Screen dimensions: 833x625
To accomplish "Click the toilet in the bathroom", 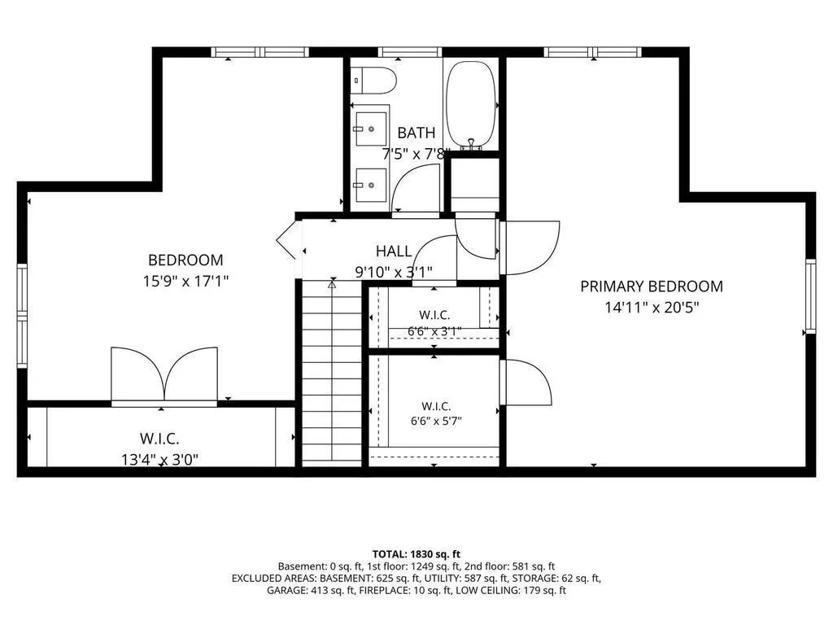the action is click(374, 81).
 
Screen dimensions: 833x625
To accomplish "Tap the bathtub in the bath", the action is click(471, 105).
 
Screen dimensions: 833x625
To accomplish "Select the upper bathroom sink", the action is click(371, 129).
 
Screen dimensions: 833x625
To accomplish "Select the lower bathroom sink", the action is click(371, 185).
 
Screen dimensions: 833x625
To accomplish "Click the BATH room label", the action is click(416, 133).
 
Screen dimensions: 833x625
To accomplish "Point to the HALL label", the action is click(394, 251).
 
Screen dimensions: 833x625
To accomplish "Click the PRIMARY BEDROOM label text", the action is click(652, 286).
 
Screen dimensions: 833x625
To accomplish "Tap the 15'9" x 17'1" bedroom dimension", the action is click(185, 281).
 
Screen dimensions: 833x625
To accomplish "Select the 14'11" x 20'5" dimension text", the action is click(652, 307).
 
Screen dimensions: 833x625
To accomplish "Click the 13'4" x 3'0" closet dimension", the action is click(160, 459).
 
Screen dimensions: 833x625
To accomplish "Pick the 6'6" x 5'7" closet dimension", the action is click(436, 422).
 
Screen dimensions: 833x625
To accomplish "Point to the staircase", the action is click(332, 373).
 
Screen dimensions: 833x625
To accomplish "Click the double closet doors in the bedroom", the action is click(164, 375).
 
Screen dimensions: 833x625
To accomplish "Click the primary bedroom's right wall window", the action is click(810, 295).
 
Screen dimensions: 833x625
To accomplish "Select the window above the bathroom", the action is click(410, 52).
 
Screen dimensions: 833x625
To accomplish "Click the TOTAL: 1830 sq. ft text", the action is click(416, 554).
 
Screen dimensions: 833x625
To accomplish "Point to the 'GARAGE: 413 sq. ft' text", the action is click(310, 590).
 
